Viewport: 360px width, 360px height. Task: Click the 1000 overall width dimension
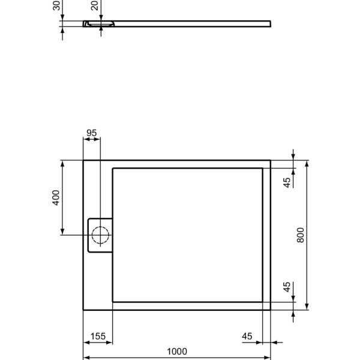click(x=177, y=352)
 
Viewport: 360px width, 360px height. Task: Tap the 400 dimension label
click(x=56, y=197)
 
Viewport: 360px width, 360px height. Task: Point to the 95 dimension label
click(x=91, y=133)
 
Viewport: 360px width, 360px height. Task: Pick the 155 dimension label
click(x=97, y=336)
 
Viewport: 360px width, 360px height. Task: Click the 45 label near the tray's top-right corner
click(x=287, y=182)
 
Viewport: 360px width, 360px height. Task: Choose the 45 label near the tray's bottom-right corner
click(x=287, y=287)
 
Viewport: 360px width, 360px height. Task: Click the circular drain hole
click(x=100, y=235)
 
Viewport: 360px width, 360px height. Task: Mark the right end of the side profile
click(x=270, y=24)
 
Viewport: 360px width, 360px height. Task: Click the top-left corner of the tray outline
click(x=83, y=160)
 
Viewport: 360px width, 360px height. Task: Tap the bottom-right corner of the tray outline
click(x=271, y=310)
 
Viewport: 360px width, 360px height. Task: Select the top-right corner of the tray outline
click(x=271, y=160)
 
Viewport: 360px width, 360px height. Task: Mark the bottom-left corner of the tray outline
click(x=83, y=310)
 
